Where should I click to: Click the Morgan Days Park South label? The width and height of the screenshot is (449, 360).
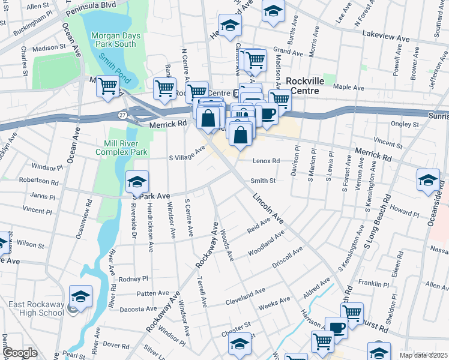click(x=116, y=40)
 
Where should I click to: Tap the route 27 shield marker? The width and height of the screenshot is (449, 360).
click(x=122, y=115)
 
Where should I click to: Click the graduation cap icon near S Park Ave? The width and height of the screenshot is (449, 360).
click(x=137, y=181)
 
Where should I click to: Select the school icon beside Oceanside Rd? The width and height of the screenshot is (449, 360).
click(x=428, y=179)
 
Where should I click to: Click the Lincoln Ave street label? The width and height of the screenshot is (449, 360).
click(x=267, y=208)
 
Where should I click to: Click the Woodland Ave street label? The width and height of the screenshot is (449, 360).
click(x=265, y=245)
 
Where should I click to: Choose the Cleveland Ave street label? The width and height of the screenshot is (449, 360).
click(x=245, y=296)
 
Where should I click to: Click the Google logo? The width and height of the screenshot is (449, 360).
click(x=20, y=353)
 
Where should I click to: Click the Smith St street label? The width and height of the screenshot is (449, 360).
click(x=263, y=180)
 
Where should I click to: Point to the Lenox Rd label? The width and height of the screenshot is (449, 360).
click(x=266, y=161)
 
